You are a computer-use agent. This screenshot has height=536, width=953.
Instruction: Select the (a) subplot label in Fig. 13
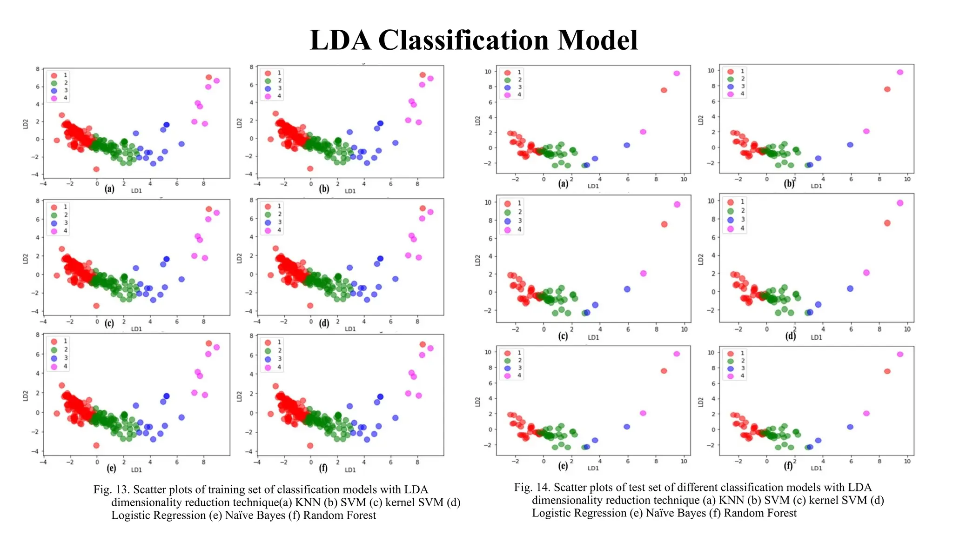(109, 189)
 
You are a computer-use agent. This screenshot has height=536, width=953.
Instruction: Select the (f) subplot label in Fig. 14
(788, 466)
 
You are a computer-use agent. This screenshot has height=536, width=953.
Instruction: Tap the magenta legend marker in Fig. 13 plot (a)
(54, 98)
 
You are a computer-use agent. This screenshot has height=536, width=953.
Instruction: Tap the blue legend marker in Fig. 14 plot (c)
(507, 221)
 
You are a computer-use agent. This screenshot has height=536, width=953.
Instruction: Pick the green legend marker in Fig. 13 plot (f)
(268, 351)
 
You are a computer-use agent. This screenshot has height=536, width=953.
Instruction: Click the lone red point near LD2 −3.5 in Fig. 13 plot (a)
(96, 169)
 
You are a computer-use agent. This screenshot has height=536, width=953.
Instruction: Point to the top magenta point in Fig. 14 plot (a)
(677, 74)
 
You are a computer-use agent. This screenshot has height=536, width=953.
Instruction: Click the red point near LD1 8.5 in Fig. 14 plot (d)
(887, 223)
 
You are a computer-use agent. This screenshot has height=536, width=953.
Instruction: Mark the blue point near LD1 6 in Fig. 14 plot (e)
(627, 427)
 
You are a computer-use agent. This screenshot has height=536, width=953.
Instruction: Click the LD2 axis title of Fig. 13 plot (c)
(26, 259)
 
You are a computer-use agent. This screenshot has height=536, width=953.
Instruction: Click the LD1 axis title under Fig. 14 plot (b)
(816, 186)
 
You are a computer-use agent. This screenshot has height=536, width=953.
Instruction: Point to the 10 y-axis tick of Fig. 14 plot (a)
(488, 72)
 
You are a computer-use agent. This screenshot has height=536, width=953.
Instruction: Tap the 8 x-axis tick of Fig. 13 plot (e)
(203, 462)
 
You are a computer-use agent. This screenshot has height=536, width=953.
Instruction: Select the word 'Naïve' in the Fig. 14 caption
(659, 513)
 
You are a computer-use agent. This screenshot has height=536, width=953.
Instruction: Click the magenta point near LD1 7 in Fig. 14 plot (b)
(866, 131)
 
